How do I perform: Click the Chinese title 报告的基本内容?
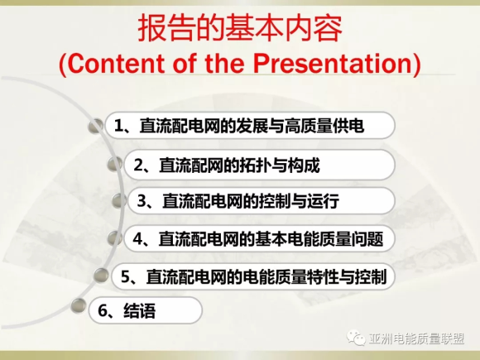point(240,28)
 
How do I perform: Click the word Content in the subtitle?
point(115,64)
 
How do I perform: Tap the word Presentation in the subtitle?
point(332,64)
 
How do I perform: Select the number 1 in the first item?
point(118,126)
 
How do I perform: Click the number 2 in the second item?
point(139,166)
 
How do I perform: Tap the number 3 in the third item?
point(142,201)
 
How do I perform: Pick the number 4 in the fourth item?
point(138,239)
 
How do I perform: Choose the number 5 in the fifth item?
point(126,276)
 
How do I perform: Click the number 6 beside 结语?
point(103,310)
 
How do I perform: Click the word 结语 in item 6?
point(139,310)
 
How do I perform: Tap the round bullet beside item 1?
point(96,126)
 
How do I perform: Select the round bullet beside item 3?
point(119,201)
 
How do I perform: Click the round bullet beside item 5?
point(101,275)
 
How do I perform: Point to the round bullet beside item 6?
point(79,305)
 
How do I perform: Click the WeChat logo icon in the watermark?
point(356,338)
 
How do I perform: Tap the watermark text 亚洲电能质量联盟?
point(416,338)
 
